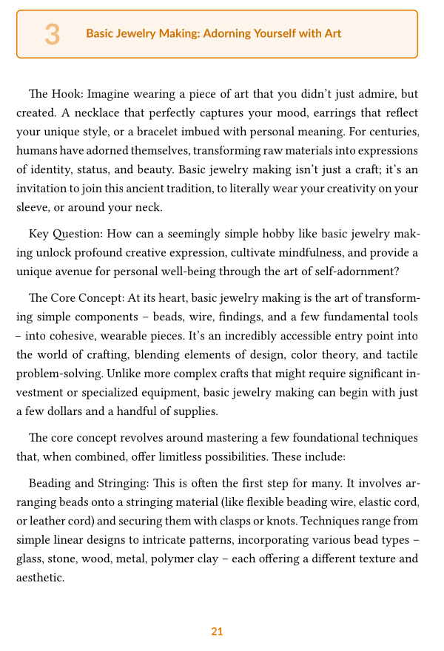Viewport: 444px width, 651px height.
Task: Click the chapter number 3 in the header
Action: tap(52, 34)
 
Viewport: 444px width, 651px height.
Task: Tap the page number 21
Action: tap(217, 631)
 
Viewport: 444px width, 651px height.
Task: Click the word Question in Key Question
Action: tap(77, 235)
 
